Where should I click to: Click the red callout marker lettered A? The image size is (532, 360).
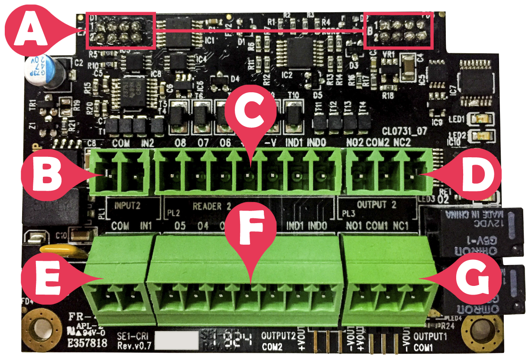(x=29, y=29)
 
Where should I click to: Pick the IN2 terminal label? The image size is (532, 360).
(x=147, y=143)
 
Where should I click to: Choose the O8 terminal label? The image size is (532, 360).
(x=181, y=143)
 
